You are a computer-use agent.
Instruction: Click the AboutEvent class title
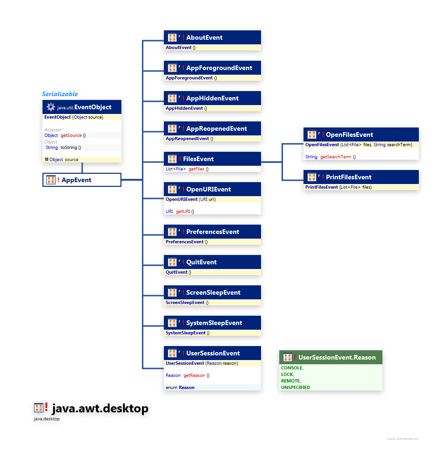[x=204, y=37]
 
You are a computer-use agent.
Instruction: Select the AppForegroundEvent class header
[x=219, y=68]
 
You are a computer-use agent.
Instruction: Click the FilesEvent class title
[x=198, y=159]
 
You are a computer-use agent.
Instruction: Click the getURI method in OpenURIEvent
[x=183, y=212]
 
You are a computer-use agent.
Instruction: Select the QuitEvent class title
[x=201, y=262]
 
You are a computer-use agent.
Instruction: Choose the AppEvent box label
[x=76, y=180]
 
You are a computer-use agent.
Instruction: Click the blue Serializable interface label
[x=60, y=94]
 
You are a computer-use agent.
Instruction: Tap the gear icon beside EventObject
[x=51, y=107]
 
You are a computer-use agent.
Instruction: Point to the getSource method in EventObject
[x=71, y=135]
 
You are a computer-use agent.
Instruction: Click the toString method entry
[x=71, y=148]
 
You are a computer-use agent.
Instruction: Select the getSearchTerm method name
[x=335, y=157]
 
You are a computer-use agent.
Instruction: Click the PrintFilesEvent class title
[x=348, y=177]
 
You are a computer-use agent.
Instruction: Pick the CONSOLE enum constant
[x=292, y=368]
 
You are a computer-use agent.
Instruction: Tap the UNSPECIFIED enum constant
[x=295, y=387]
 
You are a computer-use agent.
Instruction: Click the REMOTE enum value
[x=290, y=381]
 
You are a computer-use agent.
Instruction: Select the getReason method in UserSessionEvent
[x=194, y=375]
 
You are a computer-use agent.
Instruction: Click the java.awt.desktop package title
[x=99, y=409]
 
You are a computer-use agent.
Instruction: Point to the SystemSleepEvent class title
[x=214, y=323]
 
